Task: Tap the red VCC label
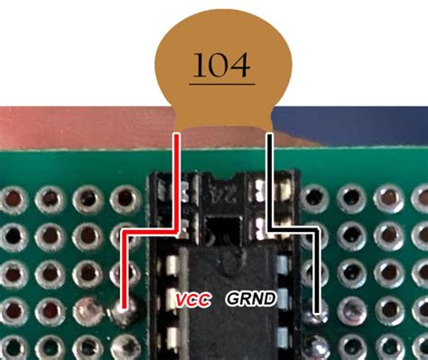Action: [x=193, y=298]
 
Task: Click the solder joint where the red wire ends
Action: [x=122, y=313]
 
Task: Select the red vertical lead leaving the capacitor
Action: [x=178, y=180]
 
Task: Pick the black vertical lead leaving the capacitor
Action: [x=269, y=180]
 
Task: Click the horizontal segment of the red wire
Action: [x=149, y=231]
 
